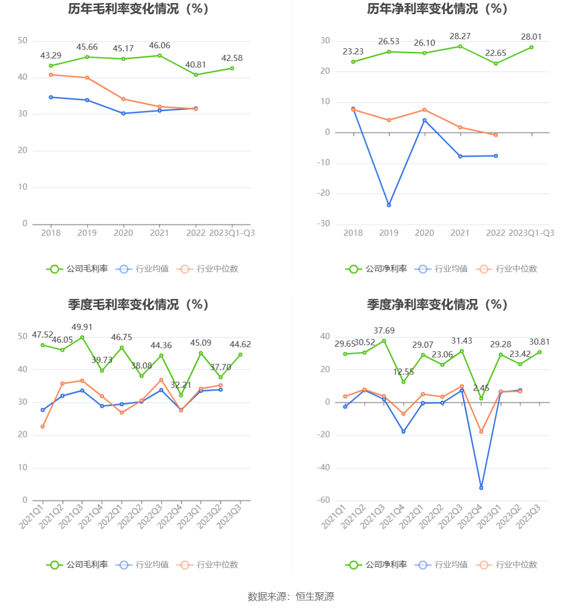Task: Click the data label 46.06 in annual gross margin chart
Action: [159, 46]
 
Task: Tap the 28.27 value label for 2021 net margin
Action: [460, 37]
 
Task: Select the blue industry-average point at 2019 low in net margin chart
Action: [389, 205]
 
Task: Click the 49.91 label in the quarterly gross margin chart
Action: [82, 327]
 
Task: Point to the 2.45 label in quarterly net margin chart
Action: [481, 388]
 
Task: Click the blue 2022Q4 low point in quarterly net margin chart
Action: [481, 488]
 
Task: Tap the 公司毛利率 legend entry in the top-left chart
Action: [78, 269]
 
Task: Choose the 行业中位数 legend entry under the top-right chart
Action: [507, 269]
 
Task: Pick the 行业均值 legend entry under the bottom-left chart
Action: [142, 565]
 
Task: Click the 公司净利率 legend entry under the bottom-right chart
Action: [377, 565]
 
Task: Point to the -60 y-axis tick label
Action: [323, 500]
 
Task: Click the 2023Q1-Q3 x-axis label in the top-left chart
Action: [232, 233]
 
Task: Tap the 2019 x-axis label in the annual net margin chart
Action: [389, 233]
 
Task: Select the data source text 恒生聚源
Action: [315, 597]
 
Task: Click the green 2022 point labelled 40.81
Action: [196, 75]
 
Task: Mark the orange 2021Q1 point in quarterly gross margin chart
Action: [43, 427]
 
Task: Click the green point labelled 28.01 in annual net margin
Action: [531, 47]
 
